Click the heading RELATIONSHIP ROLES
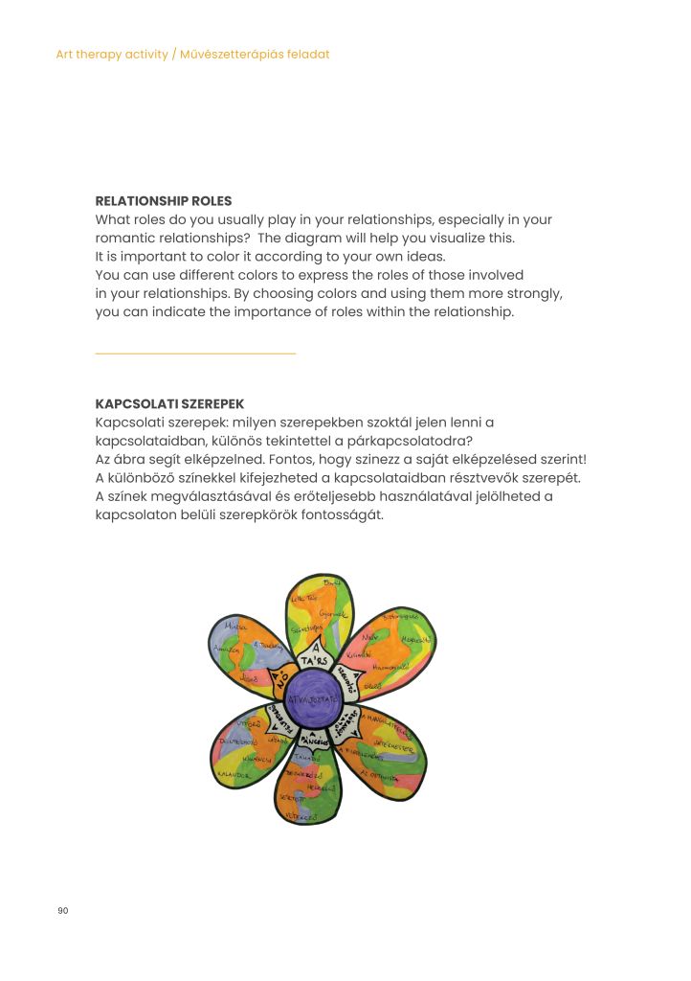pyautogui.click(x=164, y=201)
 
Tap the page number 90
pyautogui.click(x=63, y=910)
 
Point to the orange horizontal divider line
pyautogui.click(x=195, y=354)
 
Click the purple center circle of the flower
pyautogui.click(x=320, y=693)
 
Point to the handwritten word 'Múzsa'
pyautogui.click(x=234, y=627)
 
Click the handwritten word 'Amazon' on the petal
pyautogui.click(x=226, y=648)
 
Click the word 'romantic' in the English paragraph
pyautogui.click(x=123, y=238)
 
